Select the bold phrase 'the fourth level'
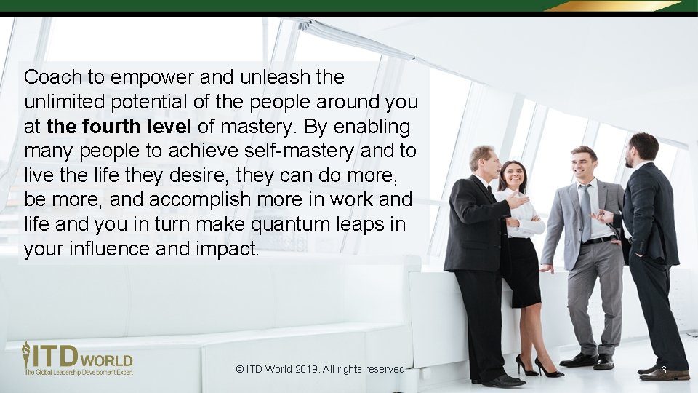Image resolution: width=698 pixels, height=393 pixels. tap(119, 127)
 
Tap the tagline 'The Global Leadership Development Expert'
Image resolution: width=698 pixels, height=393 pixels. tap(79, 372)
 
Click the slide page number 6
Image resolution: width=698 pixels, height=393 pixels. tap(664, 370)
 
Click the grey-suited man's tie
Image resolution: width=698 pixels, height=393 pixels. tap(585, 211)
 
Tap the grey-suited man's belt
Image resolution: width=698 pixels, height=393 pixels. tap(598, 239)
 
